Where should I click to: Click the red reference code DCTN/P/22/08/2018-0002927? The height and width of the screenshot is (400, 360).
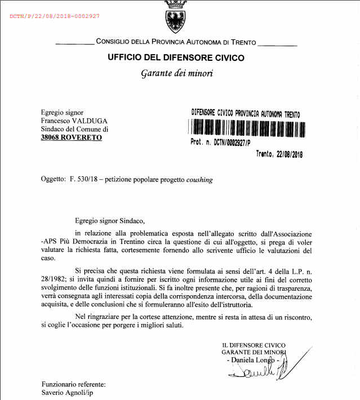(x=55, y=16)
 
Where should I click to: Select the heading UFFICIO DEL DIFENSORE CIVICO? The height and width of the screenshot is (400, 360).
(x=176, y=57)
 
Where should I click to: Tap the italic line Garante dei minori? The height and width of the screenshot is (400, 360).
(x=176, y=73)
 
